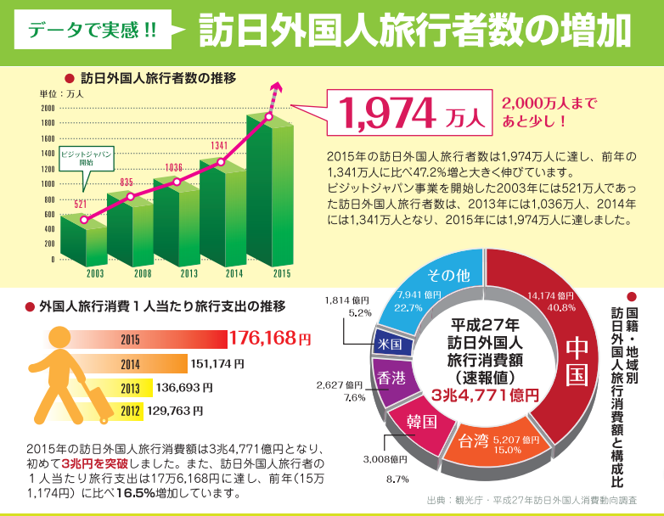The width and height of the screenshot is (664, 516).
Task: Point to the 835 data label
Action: click(127, 182)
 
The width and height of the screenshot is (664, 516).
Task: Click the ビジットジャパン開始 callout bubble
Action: click(86, 160)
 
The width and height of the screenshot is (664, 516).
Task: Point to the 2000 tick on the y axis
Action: click(47, 108)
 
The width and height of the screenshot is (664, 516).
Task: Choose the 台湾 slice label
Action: click(474, 441)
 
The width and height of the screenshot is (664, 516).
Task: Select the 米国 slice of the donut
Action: click(390, 345)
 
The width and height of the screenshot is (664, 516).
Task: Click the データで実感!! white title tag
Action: click(93, 29)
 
